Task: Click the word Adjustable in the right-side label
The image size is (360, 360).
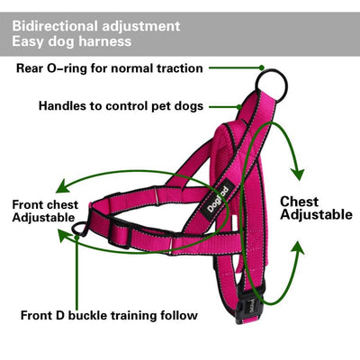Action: click(316, 215)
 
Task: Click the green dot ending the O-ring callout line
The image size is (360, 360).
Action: click(260, 68)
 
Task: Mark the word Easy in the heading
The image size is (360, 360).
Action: click(28, 41)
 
